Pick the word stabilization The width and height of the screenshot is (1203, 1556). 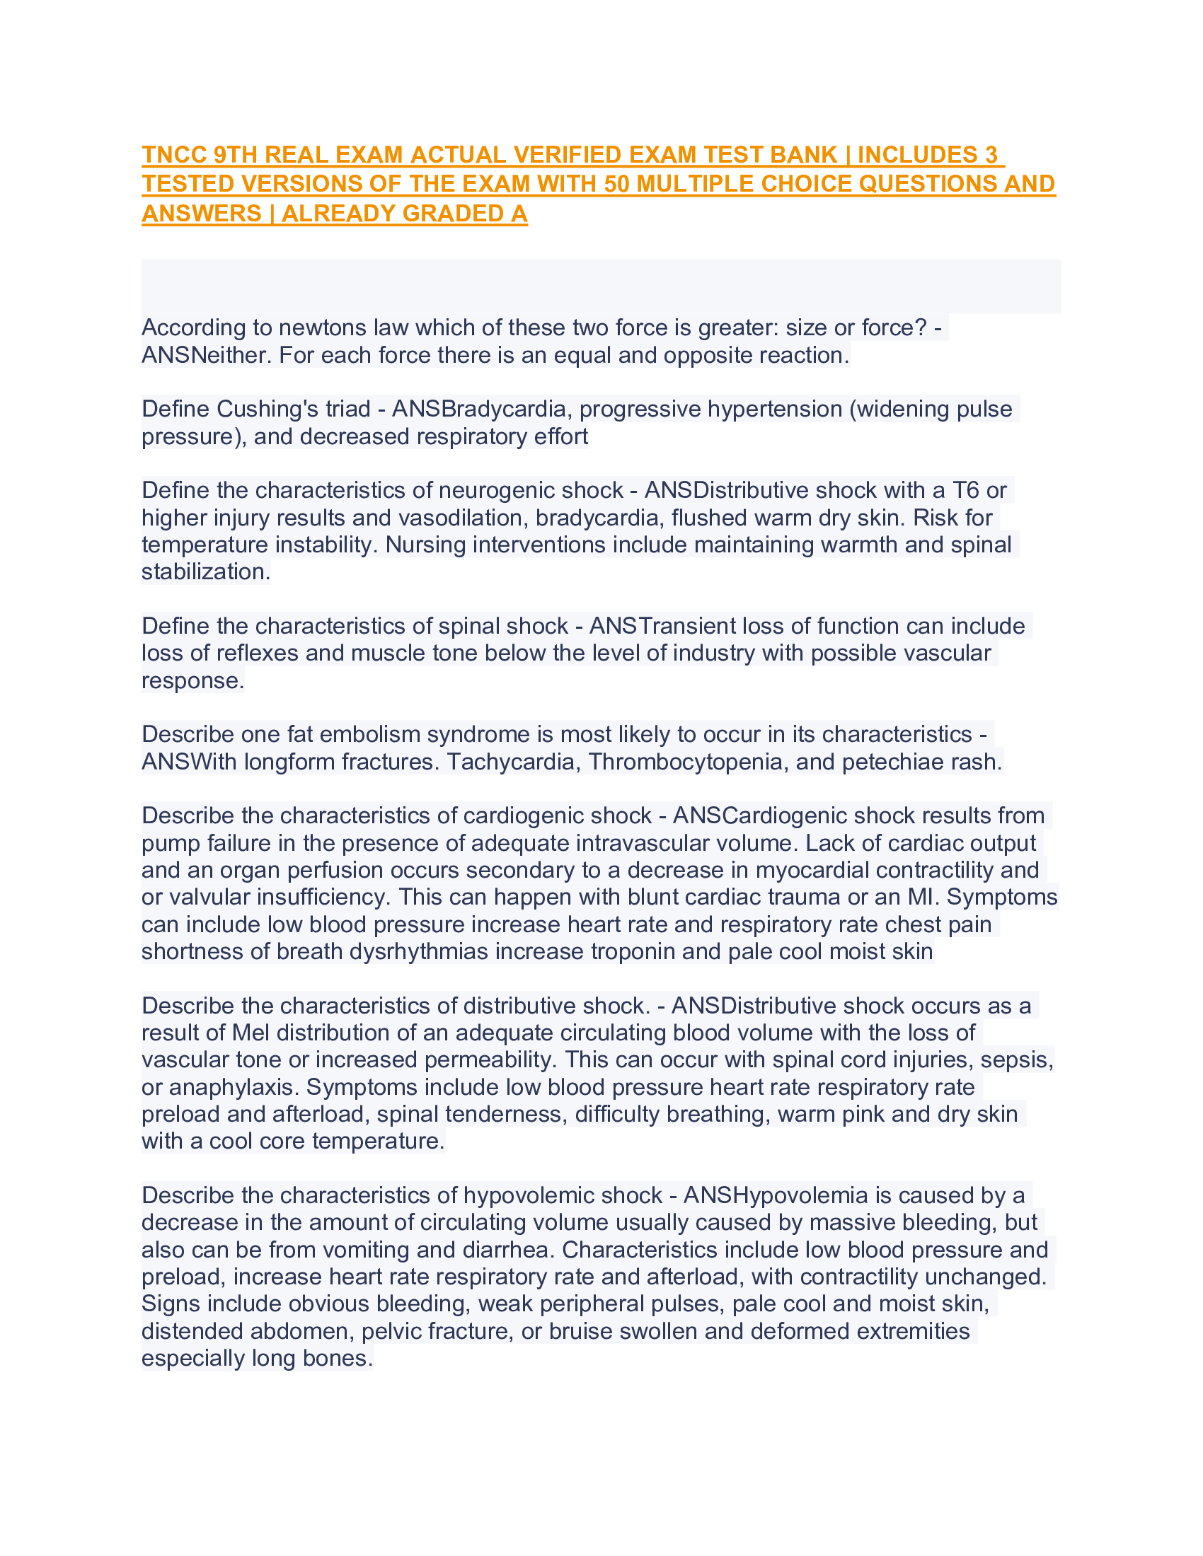[205, 571]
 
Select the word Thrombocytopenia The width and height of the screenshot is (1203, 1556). [689, 762]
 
